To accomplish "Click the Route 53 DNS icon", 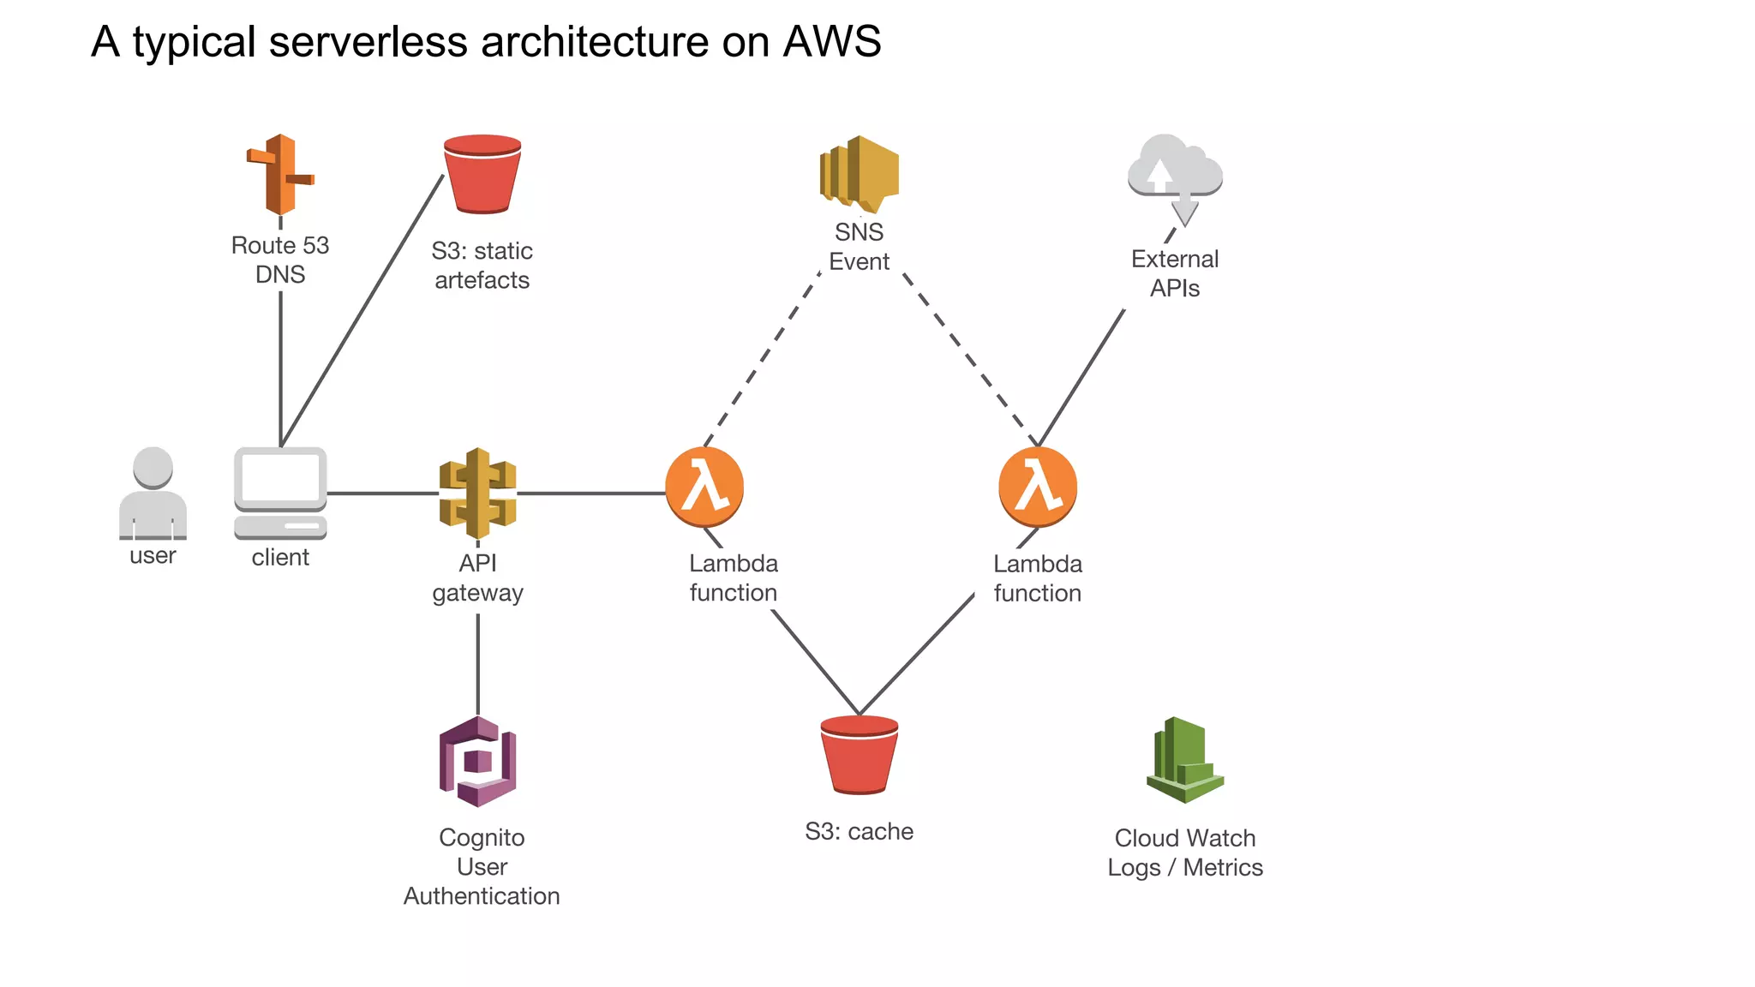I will coord(279,174).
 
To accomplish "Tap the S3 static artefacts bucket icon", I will coord(482,174).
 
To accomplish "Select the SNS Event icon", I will coord(859,174).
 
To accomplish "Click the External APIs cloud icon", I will coord(1175,176).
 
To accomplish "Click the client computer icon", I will coord(280,493).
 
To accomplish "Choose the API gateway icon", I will coord(477,493).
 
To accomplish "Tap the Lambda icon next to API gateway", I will coord(704,487).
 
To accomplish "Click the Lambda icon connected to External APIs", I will coord(1038,487).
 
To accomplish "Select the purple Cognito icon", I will coord(477,762).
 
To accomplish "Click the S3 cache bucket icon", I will coord(859,755).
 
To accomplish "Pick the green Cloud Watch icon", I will coord(1185,760).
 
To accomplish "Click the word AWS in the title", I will coord(831,41).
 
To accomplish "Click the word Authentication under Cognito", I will coord(482,896).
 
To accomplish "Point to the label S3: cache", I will coord(859,831).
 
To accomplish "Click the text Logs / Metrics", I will coord(1185,868).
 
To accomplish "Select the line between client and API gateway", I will coord(382,493).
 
